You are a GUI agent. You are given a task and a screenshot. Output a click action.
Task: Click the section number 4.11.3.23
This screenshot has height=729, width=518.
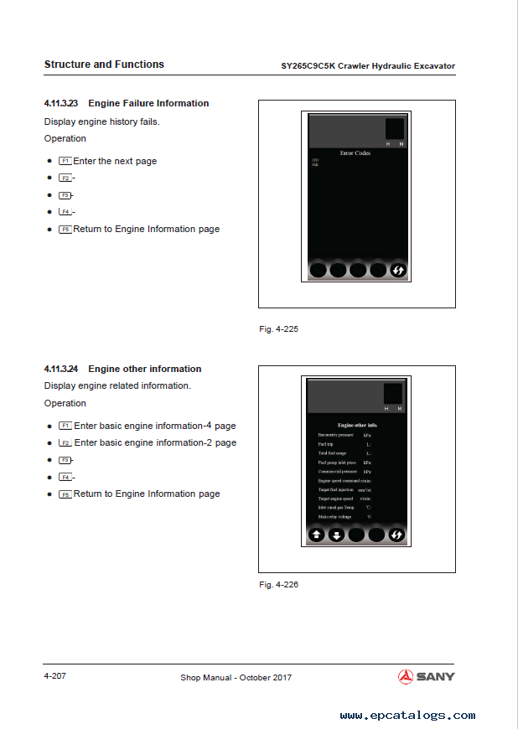61,104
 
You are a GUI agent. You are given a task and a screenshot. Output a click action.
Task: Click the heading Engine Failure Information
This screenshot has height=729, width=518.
148,104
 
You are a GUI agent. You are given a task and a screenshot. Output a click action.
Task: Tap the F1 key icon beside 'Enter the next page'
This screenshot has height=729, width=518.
65,161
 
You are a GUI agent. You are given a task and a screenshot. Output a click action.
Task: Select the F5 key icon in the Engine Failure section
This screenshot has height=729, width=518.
65,230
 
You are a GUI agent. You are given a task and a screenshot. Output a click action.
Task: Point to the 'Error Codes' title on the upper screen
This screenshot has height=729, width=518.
355,153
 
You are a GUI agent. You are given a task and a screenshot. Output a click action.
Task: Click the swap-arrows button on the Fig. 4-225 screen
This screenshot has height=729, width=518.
398,270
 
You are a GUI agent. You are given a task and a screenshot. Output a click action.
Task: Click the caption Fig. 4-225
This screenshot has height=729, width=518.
278,329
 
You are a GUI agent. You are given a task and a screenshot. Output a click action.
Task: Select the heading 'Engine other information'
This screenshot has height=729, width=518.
144,369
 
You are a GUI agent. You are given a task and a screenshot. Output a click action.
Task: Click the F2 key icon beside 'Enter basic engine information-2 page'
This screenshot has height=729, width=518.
65,443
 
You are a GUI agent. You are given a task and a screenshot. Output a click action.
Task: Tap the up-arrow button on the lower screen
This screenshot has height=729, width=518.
317,535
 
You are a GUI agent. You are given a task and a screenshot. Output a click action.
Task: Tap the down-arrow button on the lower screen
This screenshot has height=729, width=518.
337,535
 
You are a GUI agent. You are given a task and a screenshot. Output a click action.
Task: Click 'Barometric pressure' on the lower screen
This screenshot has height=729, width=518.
335,436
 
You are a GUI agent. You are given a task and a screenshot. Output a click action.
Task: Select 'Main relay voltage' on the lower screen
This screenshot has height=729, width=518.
335,517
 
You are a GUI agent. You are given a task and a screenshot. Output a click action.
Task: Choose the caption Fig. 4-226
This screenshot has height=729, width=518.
278,584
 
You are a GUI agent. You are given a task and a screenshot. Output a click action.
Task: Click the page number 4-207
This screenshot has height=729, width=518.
55,675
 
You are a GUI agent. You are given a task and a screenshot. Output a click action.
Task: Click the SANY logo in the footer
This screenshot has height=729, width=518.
427,676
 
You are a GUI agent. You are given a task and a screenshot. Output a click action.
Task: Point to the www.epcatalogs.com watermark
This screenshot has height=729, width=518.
407,716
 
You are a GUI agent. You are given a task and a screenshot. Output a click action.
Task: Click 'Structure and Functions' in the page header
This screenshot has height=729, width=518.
104,65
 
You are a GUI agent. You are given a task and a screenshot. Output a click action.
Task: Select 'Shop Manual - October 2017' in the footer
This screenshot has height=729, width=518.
236,677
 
